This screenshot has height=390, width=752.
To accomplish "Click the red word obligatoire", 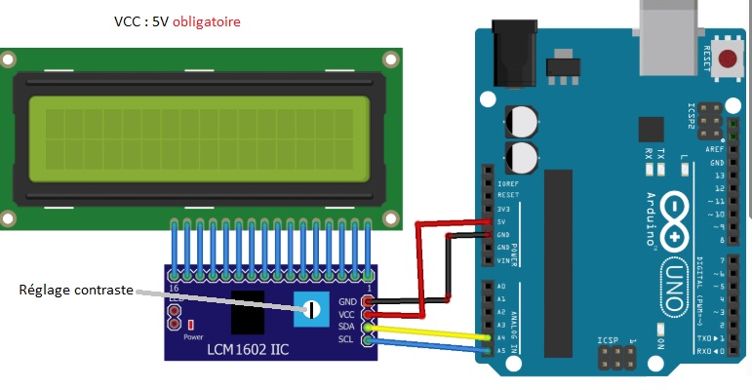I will pyautogui.click(x=208, y=21).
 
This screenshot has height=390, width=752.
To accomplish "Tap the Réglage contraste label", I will pyautogui.click(x=77, y=290).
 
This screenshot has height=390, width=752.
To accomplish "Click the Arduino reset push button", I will pyautogui.click(x=727, y=59).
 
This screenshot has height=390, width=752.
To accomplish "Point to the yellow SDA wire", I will pyautogui.click(x=429, y=331).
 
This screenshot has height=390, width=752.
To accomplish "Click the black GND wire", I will pyautogui.click(x=410, y=301).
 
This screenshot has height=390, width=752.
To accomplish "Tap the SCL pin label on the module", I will pyautogui.click(x=347, y=338).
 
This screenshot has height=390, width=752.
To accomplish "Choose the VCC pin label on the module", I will pyautogui.click(x=347, y=315).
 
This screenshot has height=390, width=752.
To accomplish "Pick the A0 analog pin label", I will pyautogui.click(x=501, y=286).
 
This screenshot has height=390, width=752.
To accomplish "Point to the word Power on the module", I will pyautogui.click(x=192, y=335).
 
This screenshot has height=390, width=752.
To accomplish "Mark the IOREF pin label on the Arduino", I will pyautogui.click(x=507, y=183).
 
